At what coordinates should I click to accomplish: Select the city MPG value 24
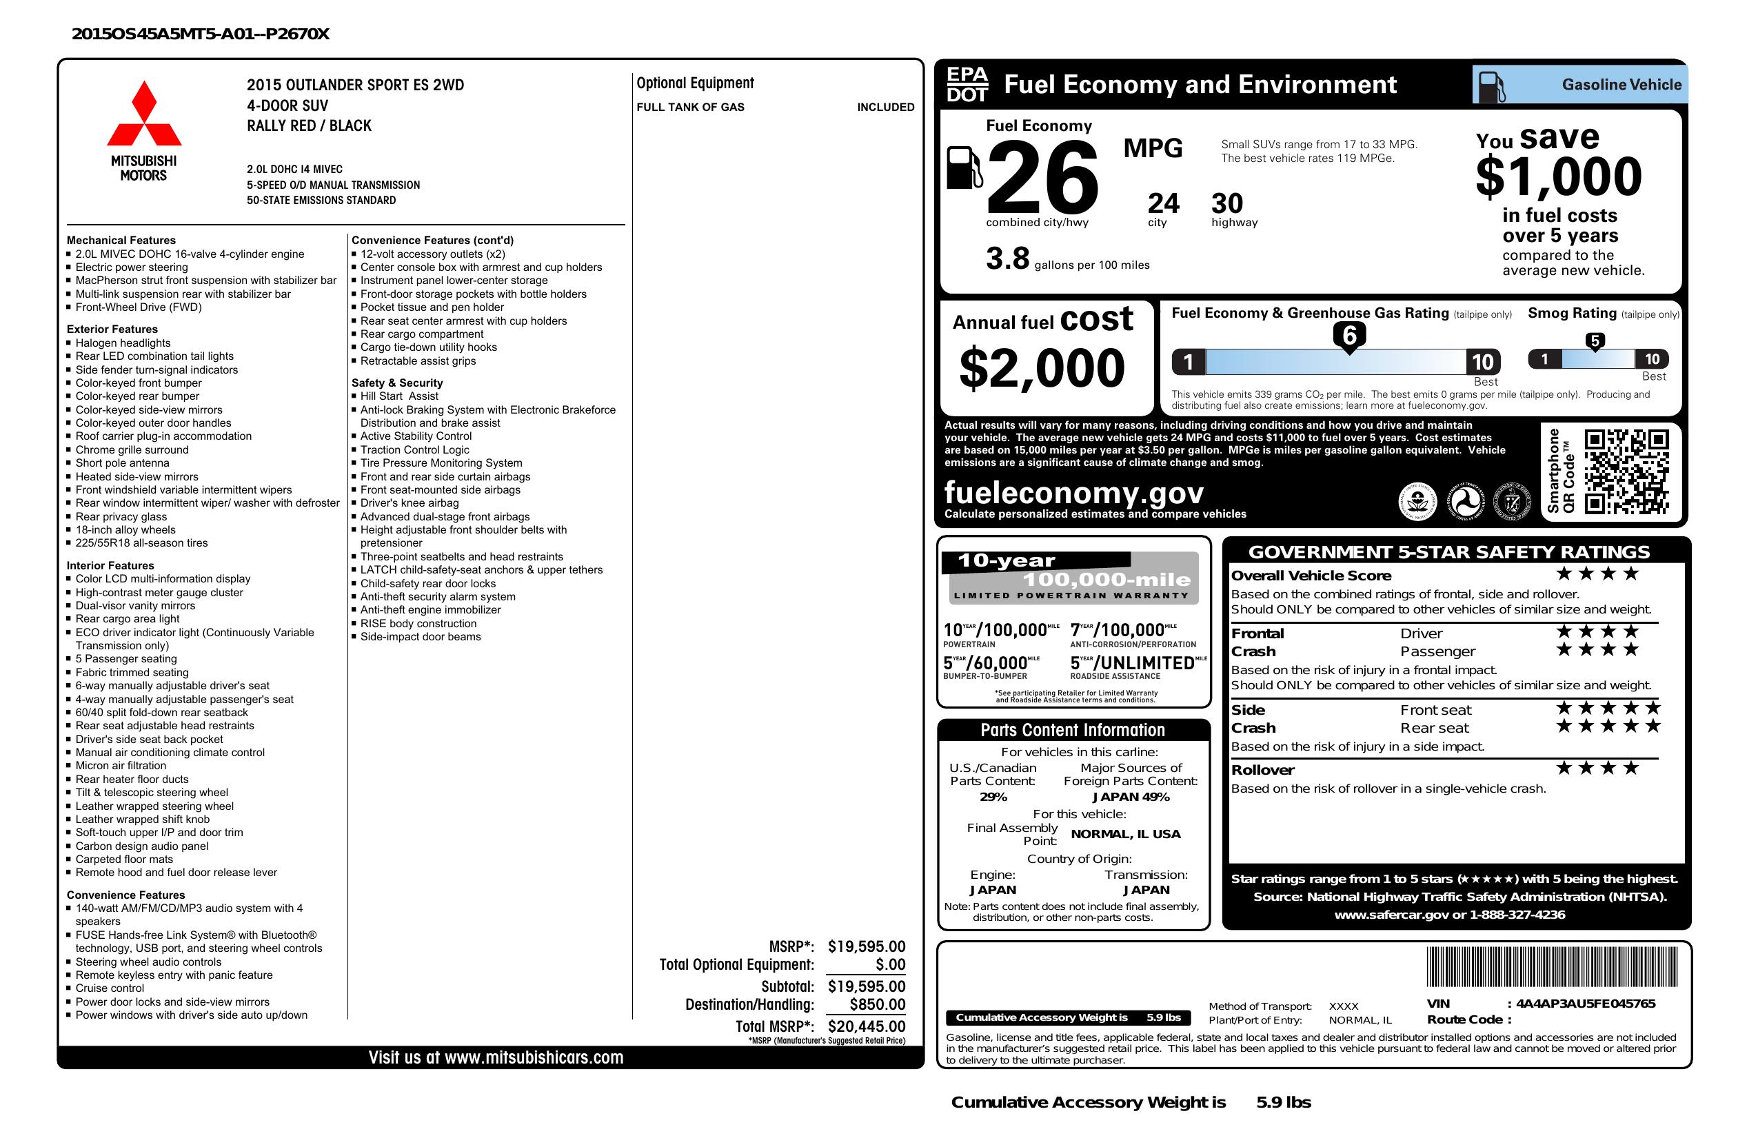pyautogui.click(x=1162, y=203)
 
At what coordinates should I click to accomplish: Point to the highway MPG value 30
pyautogui.click(x=1227, y=203)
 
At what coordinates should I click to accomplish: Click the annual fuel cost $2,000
pyautogui.click(x=1042, y=369)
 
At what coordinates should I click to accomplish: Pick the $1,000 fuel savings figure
pyautogui.click(x=1559, y=177)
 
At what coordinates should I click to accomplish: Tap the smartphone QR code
pyautogui.click(x=1626, y=471)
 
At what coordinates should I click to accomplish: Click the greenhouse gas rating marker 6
pyautogui.click(x=1348, y=336)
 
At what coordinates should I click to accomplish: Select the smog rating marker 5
pyautogui.click(x=1595, y=341)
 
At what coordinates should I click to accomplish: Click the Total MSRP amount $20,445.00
pyautogui.click(x=867, y=1026)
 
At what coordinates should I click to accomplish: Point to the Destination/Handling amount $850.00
pyautogui.click(x=877, y=1004)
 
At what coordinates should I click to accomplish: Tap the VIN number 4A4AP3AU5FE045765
pyautogui.click(x=1585, y=1004)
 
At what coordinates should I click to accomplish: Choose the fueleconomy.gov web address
pyautogui.click(x=1073, y=493)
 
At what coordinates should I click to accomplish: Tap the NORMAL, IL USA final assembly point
pyautogui.click(x=1126, y=834)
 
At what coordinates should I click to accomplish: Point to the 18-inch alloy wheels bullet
pyautogui.click(x=125, y=529)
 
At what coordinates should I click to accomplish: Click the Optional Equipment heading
pyautogui.click(x=695, y=83)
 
